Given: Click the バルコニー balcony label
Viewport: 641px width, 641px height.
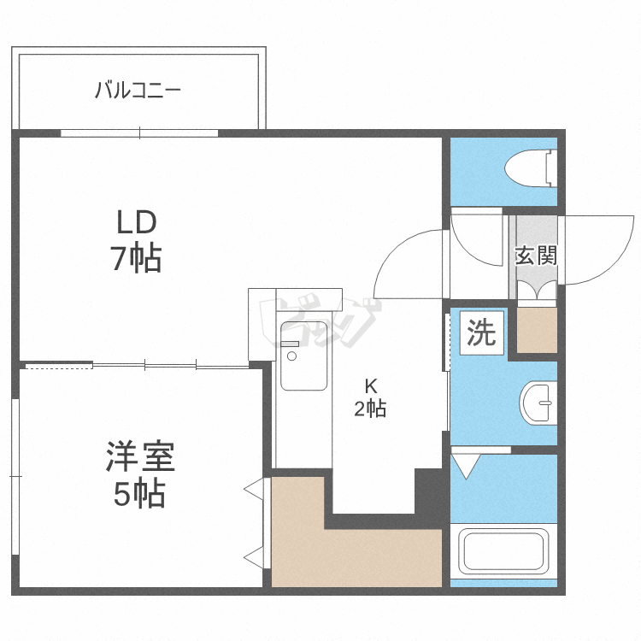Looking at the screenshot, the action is point(138,90).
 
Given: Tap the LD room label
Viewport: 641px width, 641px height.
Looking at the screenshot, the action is point(137,222).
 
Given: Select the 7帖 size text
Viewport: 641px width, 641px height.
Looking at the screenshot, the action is point(137,258).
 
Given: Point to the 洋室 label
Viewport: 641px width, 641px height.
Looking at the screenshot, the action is point(140,456).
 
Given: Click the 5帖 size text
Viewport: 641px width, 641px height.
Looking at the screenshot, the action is point(140,494).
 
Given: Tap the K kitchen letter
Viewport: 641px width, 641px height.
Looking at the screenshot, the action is point(370,386).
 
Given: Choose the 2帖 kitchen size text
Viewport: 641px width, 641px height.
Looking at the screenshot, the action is point(370,409).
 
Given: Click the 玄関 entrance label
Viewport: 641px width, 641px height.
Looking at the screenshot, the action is point(537,256).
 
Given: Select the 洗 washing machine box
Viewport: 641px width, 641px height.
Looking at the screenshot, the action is point(481,332).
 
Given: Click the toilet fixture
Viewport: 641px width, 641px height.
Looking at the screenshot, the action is point(531,168).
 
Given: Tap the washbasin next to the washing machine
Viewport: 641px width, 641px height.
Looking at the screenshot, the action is point(538,403).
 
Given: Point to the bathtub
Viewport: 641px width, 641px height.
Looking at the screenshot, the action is point(503,551).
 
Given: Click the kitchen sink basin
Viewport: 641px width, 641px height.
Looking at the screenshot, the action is point(303,356).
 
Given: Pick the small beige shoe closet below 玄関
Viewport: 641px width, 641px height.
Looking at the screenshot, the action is point(538,330).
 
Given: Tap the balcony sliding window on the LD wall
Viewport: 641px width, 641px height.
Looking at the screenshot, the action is point(139,133).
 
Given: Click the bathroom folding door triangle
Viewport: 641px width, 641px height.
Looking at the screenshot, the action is point(466,467).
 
